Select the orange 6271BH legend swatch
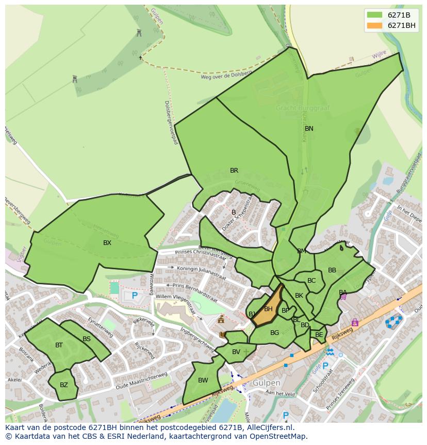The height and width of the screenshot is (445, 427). pyautogui.click(x=375, y=26)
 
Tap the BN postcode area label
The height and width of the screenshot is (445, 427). pyautogui.click(x=309, y=129)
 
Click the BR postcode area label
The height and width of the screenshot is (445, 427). pyautogui.click(x=234, y=171)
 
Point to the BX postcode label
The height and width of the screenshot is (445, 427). pyautogui.click(x=107, y=243)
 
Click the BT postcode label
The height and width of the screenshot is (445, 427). pyautogui.click(x=59, y=345)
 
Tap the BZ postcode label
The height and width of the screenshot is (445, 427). pyautogui.click(x=64, y=385)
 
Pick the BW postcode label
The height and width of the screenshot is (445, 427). pyautogui.click(x=203, y=380)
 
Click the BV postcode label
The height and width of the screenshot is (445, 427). pyautogui.click(x=236, y=352)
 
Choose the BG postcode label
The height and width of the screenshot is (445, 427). pyautogui.click(x=274, y=333)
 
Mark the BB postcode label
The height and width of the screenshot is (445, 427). pyautogui.click(x=332, y=270)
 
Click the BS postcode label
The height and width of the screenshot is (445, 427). pyautogui.click(x=87, y=339)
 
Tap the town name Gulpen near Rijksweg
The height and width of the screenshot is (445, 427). pyautogui.click(x=266, y=383)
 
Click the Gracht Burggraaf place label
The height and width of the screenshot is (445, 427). pyautogui.click(x=302, y=109)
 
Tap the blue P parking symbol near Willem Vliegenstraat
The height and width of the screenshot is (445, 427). pyautogui.click(x=135, y=296)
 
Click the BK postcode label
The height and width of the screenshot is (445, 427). pyautogui.click(x=299, y=296)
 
